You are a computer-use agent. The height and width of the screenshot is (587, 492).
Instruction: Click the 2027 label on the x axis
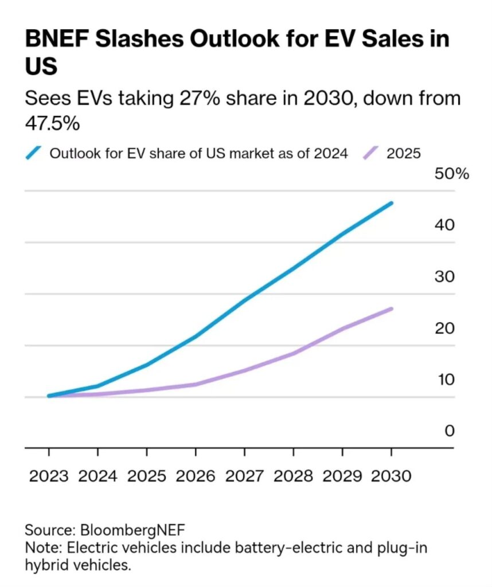pyautogui.click(x=244, y=476)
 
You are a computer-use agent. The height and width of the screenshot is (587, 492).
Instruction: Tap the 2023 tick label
pyautogui.click(x=49, y=476)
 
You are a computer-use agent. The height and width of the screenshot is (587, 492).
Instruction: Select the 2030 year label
pyautogui.click(x=391, y=476)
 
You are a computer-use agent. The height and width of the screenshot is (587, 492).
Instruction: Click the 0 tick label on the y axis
pyautogui.click(x=449, y=431)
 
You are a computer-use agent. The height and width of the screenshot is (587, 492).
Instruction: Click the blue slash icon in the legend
pyautogui.click(x=34, y=153)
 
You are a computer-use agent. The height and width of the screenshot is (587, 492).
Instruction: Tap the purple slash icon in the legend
pyautogui.click(x=372, y=153)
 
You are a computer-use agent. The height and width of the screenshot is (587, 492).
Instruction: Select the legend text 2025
pyautogui.click(x=404, y=154)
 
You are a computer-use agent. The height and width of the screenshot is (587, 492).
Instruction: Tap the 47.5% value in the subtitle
pyautogui.click(x=53, y=123)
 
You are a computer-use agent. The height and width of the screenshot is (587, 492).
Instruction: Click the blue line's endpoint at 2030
pyautogui.click(x=391, y=203)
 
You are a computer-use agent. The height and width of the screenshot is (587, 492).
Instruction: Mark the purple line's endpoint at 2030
pyautogui.click(x=391, y=309)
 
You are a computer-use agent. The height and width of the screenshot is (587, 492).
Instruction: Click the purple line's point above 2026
pyautogui.click(x=196, y=384)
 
